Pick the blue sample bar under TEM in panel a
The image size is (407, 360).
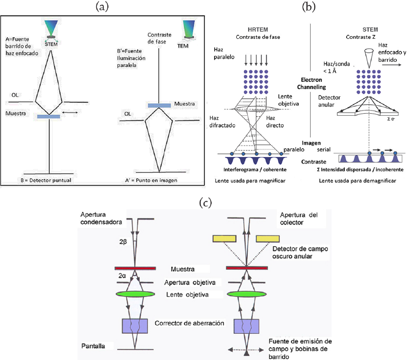(159, 105)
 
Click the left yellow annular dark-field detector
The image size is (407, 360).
(226, 239)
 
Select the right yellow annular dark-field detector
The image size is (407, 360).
(270, 239)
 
